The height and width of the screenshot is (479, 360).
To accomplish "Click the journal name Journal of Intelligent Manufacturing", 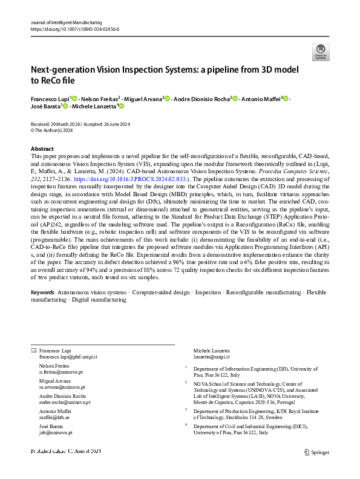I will point(66,22).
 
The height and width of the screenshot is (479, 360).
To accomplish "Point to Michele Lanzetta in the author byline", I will point(92,107).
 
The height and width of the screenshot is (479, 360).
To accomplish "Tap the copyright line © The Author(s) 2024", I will point(53,130).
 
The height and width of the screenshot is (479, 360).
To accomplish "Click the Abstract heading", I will point(42,149).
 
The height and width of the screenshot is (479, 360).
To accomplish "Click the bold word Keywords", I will point(42,292).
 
